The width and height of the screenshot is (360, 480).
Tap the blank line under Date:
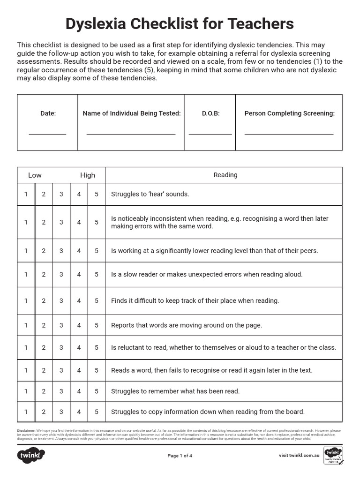[47, 134]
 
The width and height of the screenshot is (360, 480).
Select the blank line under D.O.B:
[210, 134]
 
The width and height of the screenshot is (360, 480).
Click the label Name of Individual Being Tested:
[131, 113]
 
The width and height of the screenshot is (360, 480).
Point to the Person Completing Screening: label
[289, 113]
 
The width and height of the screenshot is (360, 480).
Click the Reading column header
[225, 175]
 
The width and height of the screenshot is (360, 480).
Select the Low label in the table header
[35, 175]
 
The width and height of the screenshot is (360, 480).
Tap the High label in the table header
[87, 175]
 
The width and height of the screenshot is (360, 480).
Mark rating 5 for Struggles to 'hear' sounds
[97, 194]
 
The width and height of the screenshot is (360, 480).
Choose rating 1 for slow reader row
[26, 275]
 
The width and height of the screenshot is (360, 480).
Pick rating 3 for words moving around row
[61, 325]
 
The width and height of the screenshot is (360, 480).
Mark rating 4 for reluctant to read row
[79, 348]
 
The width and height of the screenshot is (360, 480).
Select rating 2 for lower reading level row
[44, 251]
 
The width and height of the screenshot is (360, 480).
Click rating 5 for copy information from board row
[97, 412]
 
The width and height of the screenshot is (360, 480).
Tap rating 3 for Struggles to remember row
[61, 391]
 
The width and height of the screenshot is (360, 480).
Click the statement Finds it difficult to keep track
[195, 301]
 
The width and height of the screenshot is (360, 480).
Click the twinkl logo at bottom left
[31, 455]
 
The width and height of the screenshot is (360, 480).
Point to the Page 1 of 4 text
[180, 456]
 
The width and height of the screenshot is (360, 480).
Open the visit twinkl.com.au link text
[299, 455]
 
